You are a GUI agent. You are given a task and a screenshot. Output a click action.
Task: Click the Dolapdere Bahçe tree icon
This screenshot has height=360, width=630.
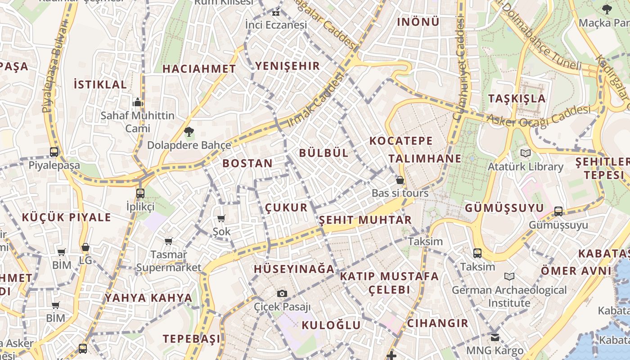coord(189,132)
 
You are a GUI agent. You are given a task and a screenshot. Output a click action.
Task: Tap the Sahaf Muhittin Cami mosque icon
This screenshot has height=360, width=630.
coord(138,102)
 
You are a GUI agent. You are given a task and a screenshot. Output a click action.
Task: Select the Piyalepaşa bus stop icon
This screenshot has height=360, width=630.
coord(54,152)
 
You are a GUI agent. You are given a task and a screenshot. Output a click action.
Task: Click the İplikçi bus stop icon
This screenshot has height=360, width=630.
coord(140,193)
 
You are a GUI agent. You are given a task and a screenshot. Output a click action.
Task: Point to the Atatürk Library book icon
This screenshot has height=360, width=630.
coord(526,153)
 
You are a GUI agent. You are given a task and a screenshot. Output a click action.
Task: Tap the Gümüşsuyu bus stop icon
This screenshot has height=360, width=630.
coord(558,211)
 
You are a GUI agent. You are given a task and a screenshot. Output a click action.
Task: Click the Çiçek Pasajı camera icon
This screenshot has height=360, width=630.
coord(282,294)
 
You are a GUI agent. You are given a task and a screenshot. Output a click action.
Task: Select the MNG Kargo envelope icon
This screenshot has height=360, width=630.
coord(495,337)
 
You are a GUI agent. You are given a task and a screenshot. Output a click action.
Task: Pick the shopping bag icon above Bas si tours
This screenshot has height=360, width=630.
coord(400,180)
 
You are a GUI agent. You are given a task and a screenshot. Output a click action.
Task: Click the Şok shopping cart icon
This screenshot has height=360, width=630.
coord(221,219)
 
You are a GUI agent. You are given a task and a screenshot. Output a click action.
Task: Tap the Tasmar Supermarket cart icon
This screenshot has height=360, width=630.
coord(169,242)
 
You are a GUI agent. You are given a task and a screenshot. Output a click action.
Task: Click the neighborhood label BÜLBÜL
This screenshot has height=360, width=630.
coord(324,153)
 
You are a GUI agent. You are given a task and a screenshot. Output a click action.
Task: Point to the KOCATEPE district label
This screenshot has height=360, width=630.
coord(401,141)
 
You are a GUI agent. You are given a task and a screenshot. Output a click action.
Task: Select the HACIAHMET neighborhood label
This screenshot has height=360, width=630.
coord(199,69)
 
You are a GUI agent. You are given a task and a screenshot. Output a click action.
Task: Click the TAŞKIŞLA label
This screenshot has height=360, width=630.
coord(517,99)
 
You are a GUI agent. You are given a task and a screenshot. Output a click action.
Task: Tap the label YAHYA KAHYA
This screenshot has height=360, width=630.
coord(148,298)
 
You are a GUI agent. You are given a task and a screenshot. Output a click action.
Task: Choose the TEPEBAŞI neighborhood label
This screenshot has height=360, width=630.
coord(192,339)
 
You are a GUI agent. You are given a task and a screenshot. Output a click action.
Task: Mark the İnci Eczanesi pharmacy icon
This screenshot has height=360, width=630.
coord(276,13)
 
